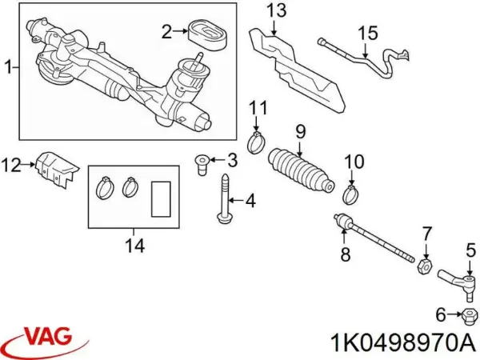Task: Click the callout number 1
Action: point(7,70)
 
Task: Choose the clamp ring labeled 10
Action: point(351,193)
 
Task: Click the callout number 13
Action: point(275,10)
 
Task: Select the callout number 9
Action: point(300,130)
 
